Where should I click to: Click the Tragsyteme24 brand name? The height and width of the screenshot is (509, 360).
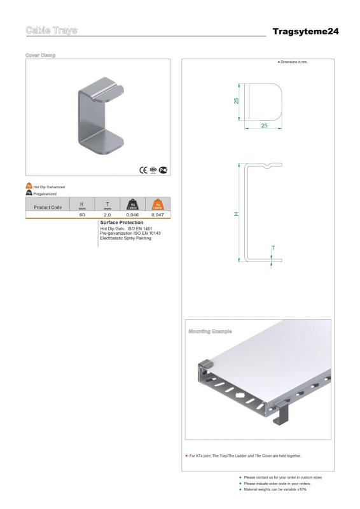[x=305, y=31]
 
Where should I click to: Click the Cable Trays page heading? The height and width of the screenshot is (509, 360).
[x=52, y=31]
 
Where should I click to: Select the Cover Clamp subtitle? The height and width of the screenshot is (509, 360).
[x=41, y=55]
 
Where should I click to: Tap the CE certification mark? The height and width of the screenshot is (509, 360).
[x=143, y=169]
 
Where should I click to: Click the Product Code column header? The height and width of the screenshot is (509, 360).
[x=48, y=207]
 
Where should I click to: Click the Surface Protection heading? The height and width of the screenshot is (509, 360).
[x=121, y=223]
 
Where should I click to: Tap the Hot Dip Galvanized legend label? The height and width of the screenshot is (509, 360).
[x=49, y=186]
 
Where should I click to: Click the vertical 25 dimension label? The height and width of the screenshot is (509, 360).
[x=237, y=101]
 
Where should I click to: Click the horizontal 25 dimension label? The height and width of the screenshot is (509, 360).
[x=263, y=126]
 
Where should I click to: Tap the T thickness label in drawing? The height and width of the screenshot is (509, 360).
[x=273, y=248]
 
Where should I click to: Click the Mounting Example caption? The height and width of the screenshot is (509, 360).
[x=210, y=331]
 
